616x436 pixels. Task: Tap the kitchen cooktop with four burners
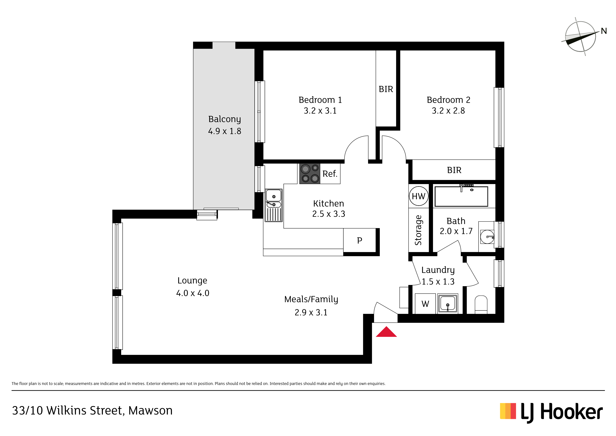coord(310,174)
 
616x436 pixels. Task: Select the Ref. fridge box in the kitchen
coord(330,174)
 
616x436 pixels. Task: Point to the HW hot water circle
coord(418,196)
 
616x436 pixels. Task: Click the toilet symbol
coord(481,305)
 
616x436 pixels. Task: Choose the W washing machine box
coord(425,304)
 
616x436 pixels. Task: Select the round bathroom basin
coord(487,237)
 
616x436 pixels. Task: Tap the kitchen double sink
coord(274,205)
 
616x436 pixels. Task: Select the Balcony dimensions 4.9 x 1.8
coord(225,131)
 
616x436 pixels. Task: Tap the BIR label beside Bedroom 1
coord(386,89)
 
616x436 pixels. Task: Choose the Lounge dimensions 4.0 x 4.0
coord(193,293)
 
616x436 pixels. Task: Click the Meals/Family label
coord(311,299)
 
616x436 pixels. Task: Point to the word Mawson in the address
coord(150,411)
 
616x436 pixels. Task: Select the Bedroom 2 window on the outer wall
coord(499,117)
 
